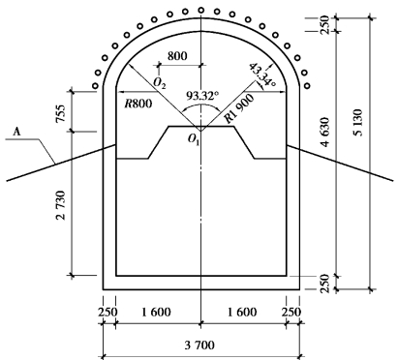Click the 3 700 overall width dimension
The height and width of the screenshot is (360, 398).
(x=199, y=345)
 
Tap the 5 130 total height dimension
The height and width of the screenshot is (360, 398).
(x=358, y=123)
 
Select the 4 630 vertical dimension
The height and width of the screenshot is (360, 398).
(x=325, y=132)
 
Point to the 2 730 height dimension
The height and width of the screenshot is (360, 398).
(x=61, y=205)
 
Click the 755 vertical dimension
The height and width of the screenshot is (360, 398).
(x=61, y=113)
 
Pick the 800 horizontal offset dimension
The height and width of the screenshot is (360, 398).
(x=177, y=56)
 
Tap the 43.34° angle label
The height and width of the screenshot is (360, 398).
(x=262, y=75)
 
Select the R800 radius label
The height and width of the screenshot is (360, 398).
(x=138, y=104)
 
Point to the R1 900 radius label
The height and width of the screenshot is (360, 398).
(x=239, y=108)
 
